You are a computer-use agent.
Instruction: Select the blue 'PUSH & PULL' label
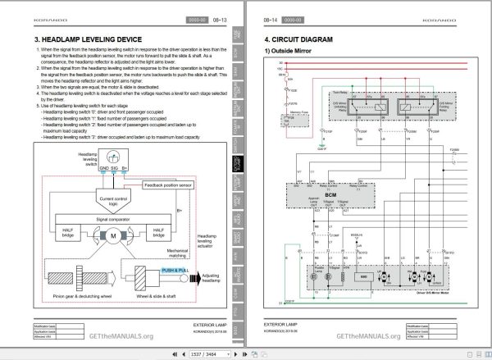click(175, 269)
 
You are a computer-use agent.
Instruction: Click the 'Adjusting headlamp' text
click(211, 279)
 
